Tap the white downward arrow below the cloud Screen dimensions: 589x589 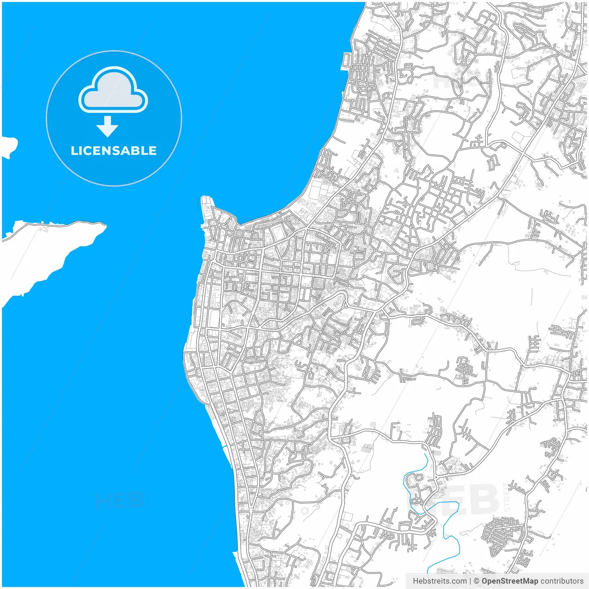click(x=107, y=127)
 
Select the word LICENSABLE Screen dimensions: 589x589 click(x=114, y=151)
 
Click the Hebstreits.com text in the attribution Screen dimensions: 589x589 click(x=439, y=581)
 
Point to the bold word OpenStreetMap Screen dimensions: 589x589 click(x=510, y=581)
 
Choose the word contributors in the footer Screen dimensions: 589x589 click(x=562, y=581)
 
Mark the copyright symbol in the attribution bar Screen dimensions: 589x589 click(x=477, y=581)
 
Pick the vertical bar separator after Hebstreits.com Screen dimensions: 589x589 click(x=470, y=581)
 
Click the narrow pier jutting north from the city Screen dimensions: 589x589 click(x=205, y=207)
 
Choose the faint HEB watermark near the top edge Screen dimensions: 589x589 click(x=453, y=82)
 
